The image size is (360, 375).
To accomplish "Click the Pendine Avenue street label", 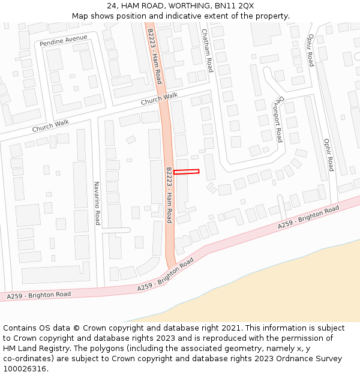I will point(63,41).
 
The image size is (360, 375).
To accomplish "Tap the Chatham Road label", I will point(208,50).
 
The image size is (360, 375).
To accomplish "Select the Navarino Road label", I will point(97,203).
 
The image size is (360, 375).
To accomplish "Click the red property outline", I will point(186,172).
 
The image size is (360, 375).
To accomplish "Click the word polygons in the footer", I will point(115,348).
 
